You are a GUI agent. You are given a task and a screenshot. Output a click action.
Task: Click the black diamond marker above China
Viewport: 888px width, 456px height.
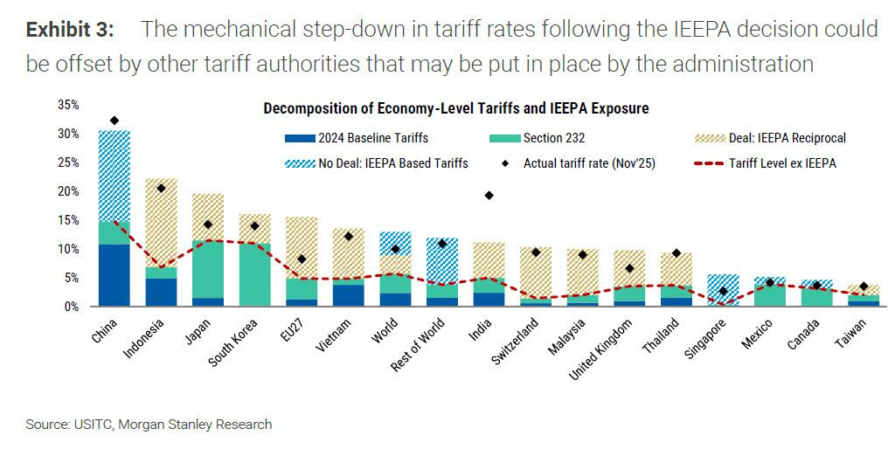(x=114, y=121)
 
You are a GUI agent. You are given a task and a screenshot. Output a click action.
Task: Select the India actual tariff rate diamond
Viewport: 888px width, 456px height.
(x=489, y=195)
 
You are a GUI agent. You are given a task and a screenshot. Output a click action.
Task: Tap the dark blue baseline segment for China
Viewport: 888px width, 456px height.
(x=114, y=275)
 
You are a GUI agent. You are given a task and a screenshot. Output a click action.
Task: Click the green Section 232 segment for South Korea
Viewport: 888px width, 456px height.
(x=254, y=274)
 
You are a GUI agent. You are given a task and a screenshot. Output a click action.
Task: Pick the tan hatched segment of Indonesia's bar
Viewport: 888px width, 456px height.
(x=161, y=223)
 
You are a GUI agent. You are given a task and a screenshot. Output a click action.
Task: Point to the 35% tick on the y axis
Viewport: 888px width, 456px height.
(x=67, y=105)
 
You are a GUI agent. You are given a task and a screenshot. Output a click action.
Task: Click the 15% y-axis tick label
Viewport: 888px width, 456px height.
(x=67, y=220)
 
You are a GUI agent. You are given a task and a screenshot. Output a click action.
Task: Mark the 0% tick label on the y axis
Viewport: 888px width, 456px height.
(x=71, y=307)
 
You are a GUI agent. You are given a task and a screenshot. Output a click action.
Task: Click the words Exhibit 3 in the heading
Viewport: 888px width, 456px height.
(x=70, y=30)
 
